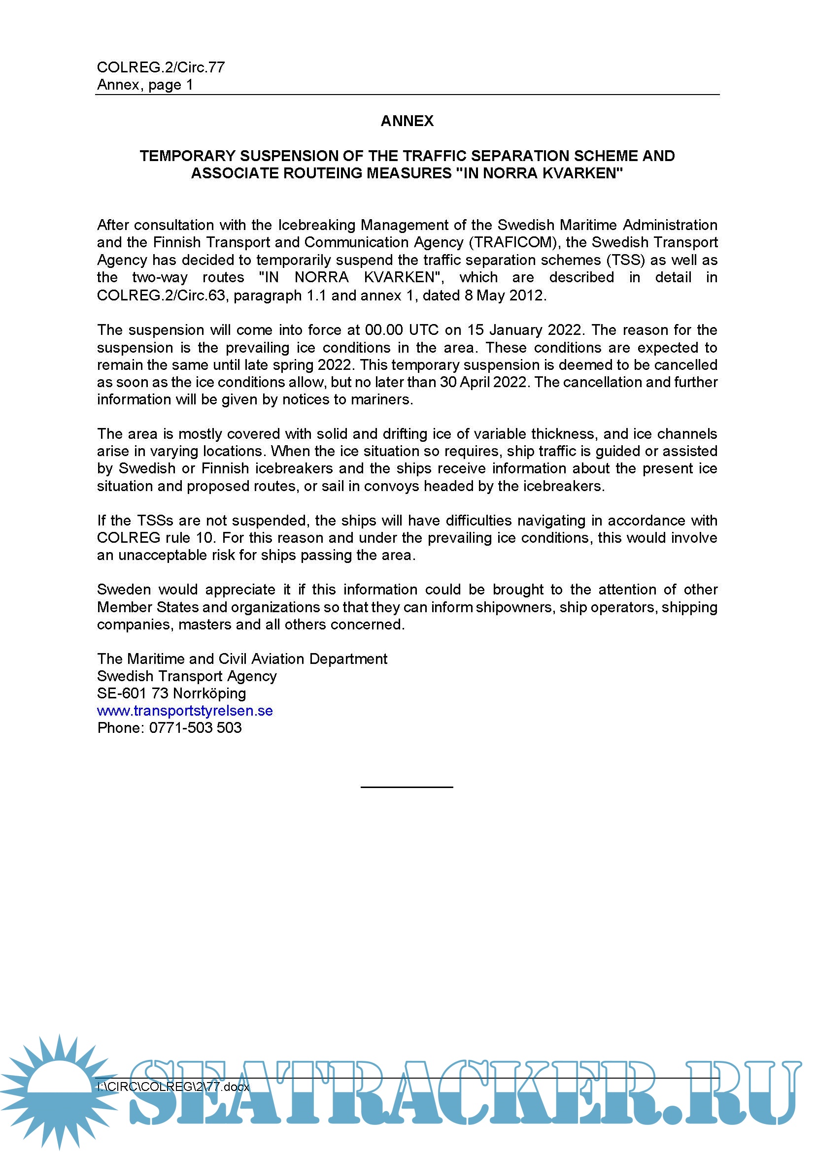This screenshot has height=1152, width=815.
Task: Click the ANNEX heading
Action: click(407, 121)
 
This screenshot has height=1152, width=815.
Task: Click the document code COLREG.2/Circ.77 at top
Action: click(161, 67)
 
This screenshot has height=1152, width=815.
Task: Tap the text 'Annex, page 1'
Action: click(144, 85)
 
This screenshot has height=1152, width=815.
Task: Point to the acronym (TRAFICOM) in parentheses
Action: click(514, 242)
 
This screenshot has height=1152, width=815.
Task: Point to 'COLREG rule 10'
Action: click(155, 538)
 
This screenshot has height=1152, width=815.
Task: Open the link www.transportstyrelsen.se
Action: click(185, 711)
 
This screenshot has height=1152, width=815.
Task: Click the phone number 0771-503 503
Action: click(195, 728)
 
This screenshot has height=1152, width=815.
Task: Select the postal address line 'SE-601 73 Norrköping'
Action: click(171, 693)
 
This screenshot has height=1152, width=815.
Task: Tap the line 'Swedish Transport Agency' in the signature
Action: click(187, 676)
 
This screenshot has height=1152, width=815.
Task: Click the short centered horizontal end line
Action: click(407, 787)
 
